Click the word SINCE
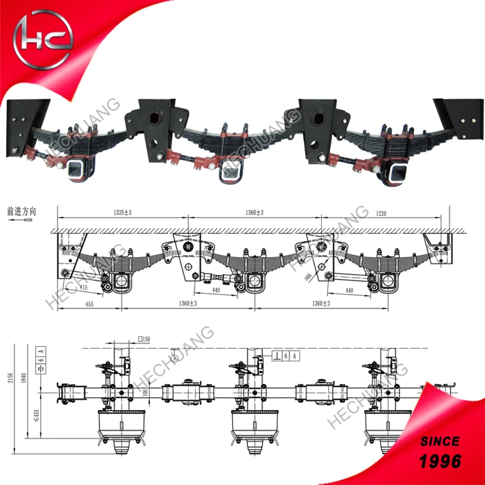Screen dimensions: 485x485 pos(439,440)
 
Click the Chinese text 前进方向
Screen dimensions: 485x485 pos(23,212)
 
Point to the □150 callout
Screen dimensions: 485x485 pos(143,338)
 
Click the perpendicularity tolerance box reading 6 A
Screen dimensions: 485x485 pos(286,356)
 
